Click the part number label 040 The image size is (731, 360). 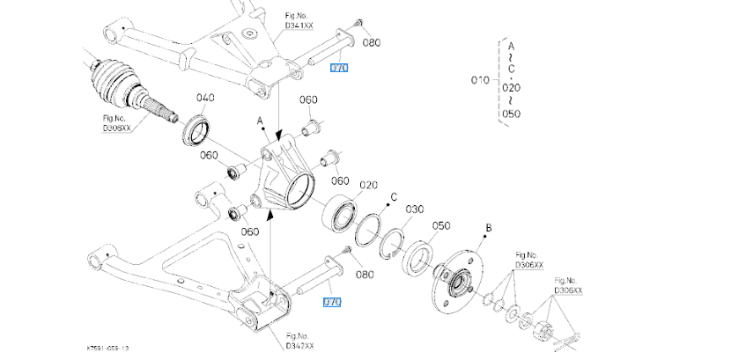pyautogui.click(x=205, y=98)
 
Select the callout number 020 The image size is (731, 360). pyautogui.click(x=368, y=185)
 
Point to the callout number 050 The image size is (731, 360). pyautogui.click(x=441, y=226)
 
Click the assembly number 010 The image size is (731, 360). pyautogui.click(x=480, y=79)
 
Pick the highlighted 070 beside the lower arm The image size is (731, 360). pyautogui.click(x=332, y=302)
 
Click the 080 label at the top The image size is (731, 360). pyautogui.click(x=371, y=41)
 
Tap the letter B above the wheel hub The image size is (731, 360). pyautogui.click(x=488, y=231)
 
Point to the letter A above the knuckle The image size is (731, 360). pyautogui.click(x=260, y=118)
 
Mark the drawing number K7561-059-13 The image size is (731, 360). pyautogui.click(x=110, y=348)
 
